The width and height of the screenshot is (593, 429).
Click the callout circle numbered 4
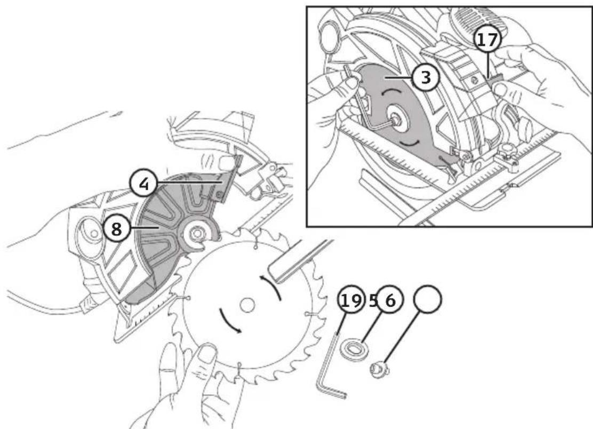pos(143,184)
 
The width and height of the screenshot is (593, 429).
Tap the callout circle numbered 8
pos(116,229)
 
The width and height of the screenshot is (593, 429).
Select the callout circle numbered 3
pos(426,77)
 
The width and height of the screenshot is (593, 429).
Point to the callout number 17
pos(488,39)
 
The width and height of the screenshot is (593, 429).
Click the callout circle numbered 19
pos(351,300)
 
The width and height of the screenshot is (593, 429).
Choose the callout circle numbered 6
pos(390,300)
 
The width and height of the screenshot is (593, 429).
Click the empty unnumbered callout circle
pos(428,298)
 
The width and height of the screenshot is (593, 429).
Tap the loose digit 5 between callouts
pos(373,300)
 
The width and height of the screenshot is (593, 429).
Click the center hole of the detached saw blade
pos(247,304)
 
